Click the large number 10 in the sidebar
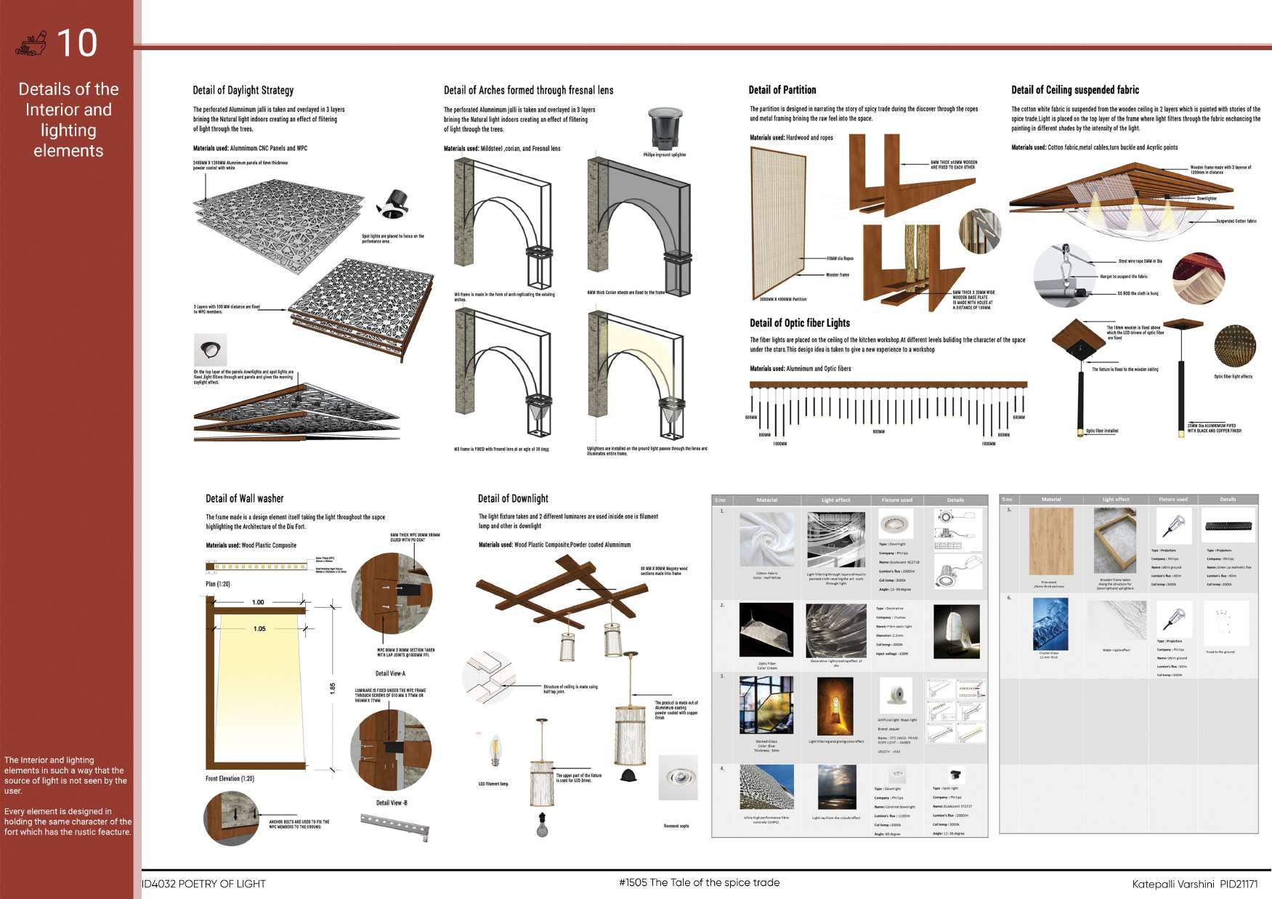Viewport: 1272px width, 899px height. coord(76,43)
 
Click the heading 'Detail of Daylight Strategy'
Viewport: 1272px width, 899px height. coord(243,91)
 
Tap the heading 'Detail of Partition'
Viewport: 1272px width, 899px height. coord(782,90)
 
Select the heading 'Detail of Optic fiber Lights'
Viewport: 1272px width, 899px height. coord(799,323)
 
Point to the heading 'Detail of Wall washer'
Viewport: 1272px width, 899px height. coord(244,499)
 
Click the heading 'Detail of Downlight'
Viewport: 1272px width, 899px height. coord(513,499)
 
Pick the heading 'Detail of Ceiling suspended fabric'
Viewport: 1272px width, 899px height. coord(1074,90)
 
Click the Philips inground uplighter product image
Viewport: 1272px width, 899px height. coord(664,129)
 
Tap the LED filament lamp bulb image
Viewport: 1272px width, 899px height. coord(495,752)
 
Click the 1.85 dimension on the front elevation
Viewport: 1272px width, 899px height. coord(333,688)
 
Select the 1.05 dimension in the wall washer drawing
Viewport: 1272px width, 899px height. coord(259,629)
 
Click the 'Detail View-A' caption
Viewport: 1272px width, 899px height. coord(391,673)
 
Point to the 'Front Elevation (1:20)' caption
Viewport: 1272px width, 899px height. coord(230,778)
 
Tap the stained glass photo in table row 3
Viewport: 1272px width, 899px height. coord(766,705)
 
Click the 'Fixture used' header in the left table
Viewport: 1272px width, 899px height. coord(896,500)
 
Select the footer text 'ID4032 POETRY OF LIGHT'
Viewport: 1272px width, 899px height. coord(204,884)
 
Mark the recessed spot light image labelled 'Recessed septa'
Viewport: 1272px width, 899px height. coord(678,777)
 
